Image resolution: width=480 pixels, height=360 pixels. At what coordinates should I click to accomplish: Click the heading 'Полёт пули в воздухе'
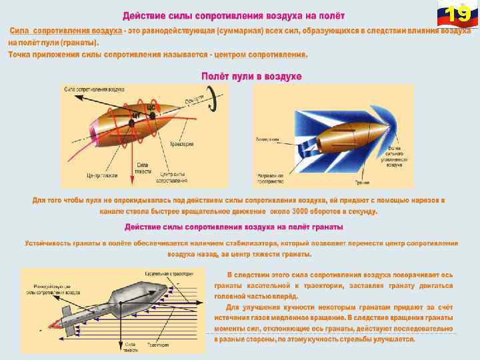click(251, 77)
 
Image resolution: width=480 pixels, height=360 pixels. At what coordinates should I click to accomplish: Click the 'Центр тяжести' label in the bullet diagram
click(102, 176)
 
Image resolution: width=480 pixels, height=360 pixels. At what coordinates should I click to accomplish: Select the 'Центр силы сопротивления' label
click(173, 178)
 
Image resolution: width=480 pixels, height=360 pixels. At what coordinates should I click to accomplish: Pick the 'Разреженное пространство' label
click(271, 178)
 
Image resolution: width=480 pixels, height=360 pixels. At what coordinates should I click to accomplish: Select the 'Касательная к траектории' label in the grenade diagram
click(169, 274)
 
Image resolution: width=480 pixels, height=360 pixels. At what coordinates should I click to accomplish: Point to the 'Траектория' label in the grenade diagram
click(158, 345)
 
